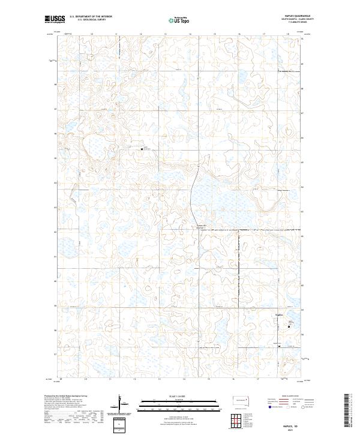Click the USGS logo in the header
tap(55, 19)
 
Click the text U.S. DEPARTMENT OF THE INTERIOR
tap(91, 17)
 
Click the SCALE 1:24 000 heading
tap(179, 396)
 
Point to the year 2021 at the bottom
tap(298, 430)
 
